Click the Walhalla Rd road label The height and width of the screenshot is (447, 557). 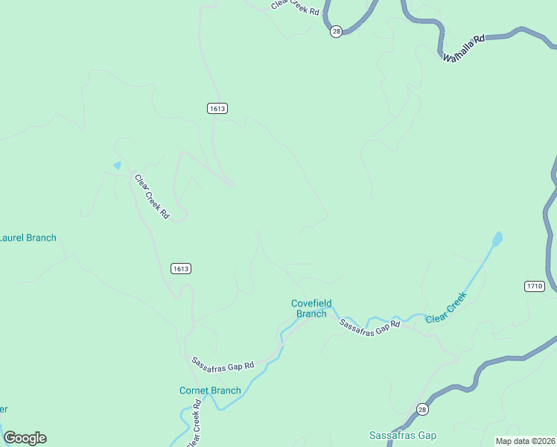(463, 47)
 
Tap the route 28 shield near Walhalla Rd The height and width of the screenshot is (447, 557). (337, 31)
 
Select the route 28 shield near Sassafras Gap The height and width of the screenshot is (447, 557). (422, 410)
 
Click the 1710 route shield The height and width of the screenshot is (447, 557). (534, 286)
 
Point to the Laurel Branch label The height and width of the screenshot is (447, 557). (27, 238)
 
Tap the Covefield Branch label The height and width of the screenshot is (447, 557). (311, 308)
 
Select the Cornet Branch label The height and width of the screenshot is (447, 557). (210, 390)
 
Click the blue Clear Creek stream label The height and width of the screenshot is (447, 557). (446, 308)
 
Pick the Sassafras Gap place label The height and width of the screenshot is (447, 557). (403, 435)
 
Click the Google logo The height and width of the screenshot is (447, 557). (25, 438)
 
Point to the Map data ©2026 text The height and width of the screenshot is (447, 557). (525, 441)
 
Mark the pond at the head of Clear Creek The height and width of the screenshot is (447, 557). (497, 239)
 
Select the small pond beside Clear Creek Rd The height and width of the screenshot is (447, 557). (117, 165)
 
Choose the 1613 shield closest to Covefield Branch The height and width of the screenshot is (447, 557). (180, 269)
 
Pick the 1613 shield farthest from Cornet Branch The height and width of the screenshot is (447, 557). (217, 109)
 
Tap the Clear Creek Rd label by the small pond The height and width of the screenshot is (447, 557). (151, 196)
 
